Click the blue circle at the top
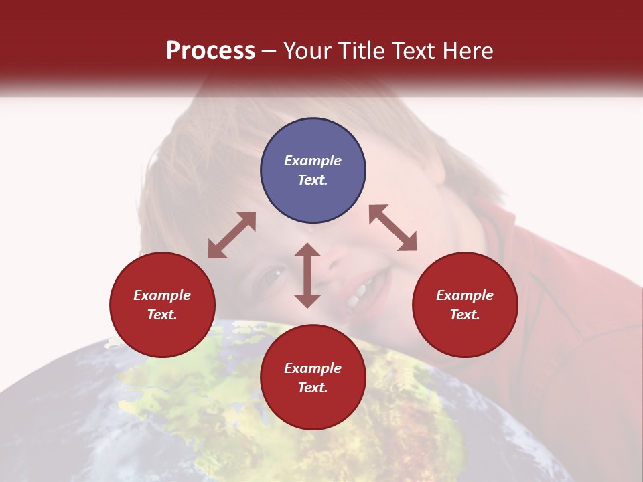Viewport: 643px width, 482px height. pyautogui.click(x=313, y=171)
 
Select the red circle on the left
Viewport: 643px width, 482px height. pyautogui.click(x=162, y=305)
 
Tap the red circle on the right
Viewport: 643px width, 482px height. pyautogui.click(x=465, y=305)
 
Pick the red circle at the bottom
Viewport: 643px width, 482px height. pyautogui.click(x=313, y=378)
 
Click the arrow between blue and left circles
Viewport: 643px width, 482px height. pyautogui.click(x=232, y=235)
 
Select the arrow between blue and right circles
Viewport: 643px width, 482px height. pyautogui.click(x=393, y=228)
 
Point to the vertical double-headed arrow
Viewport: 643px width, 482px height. pyautogui.click(x=307, y=275)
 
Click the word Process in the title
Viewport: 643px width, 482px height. pyautogui.click(x=210, y=51)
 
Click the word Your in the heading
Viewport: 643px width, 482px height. pyautogui.click(x=308, y=51)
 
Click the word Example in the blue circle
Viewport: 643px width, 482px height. pyautogui.click(x=313, y=161)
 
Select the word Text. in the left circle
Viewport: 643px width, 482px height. pyautogui.click(x=162, y=315)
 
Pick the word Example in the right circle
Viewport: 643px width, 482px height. pyautogui.click(x=465, y=295)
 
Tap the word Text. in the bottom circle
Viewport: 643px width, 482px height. pyautogui.click(x=313, y=388)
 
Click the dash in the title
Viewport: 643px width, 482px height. pyautogui.click(x=269, y=52)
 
